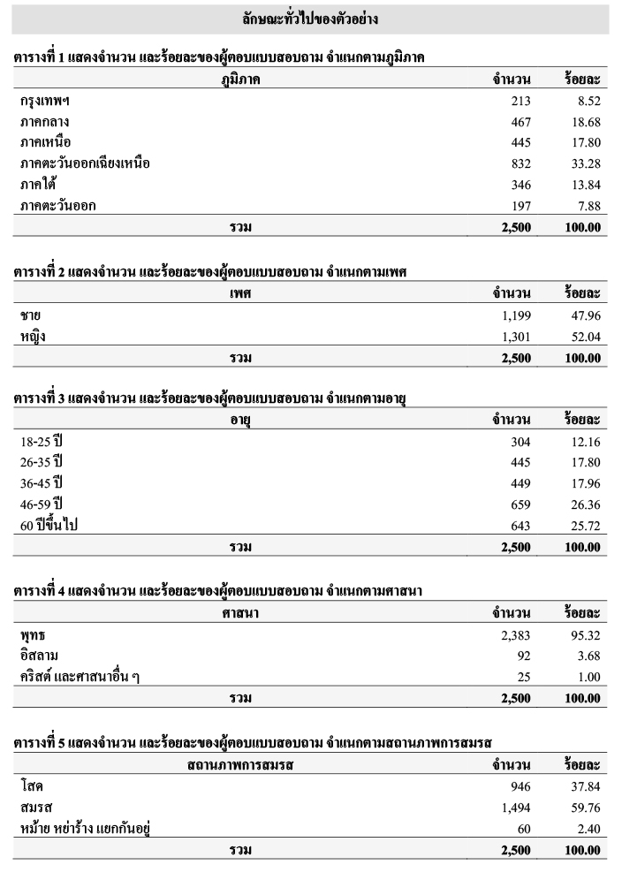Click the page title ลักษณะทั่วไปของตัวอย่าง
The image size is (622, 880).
point(310,18)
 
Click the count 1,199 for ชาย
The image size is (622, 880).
point(515,315)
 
